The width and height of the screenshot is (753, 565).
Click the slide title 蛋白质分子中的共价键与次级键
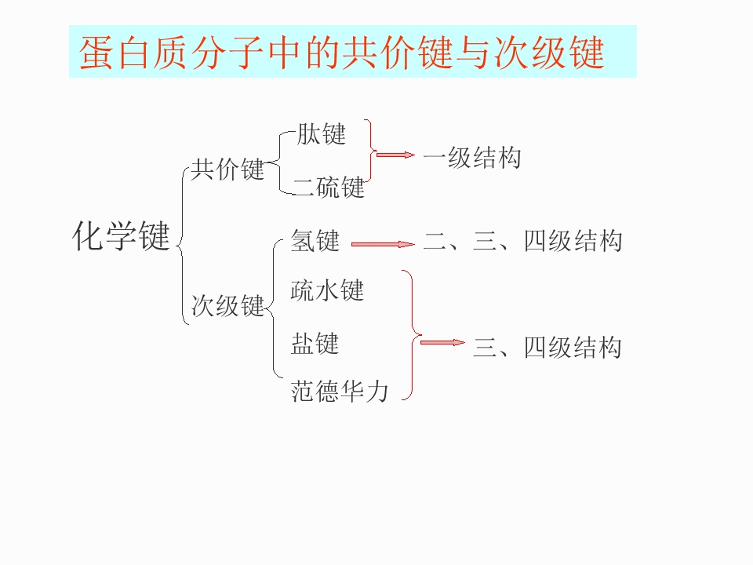click(342, 52)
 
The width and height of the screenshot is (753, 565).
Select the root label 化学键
click(121, 236)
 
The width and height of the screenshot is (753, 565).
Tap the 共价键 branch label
click(227, 169)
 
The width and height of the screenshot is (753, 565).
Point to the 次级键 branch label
click(227, 304)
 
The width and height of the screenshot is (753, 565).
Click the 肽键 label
click(321, 133)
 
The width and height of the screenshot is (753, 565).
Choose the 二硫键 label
click(329, 187)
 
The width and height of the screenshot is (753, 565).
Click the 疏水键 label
click(327, 290)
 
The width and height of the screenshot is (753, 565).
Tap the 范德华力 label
click(339, 390)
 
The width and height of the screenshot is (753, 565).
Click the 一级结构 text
click(471, 158)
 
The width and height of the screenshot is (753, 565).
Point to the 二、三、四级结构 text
click(522, 240)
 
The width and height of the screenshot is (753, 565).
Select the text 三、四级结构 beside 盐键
click(547, 347)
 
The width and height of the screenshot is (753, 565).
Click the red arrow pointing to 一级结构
click(395, 155)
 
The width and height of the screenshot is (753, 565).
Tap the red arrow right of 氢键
click(382, 244)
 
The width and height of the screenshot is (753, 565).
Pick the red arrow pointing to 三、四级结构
click(442, 342)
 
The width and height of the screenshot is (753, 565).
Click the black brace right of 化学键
click(182, 243)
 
